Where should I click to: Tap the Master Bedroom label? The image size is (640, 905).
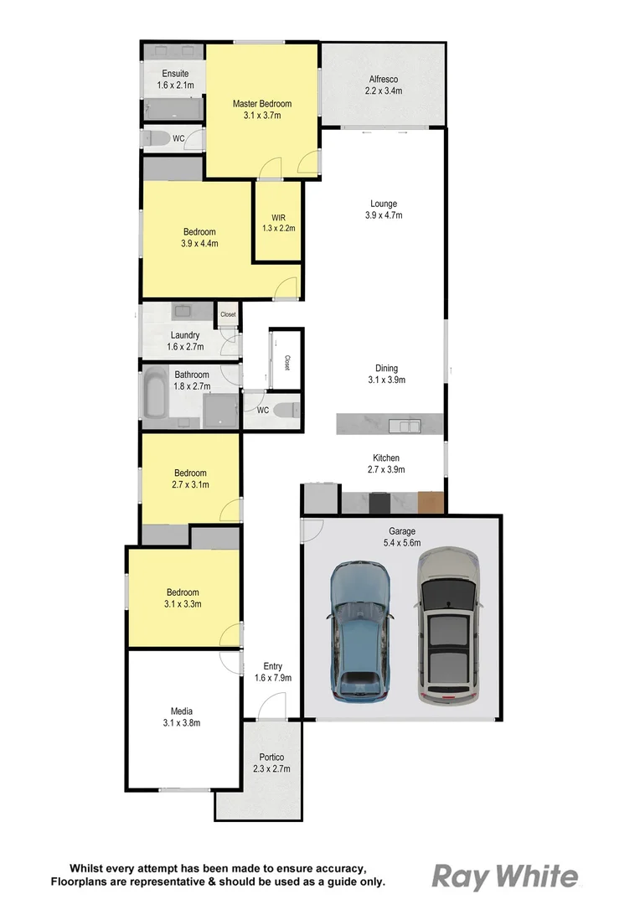click(262, 104)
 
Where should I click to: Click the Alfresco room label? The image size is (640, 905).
click(384, 80)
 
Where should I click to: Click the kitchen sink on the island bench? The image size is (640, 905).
click(409, 426)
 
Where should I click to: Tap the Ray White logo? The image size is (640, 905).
click(505, 877)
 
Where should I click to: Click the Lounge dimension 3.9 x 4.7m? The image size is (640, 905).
click(384, 215)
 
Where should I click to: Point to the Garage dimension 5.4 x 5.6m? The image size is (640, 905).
click(402, 543)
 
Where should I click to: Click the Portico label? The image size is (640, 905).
click(270, 757)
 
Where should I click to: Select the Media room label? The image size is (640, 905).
click(182, 711)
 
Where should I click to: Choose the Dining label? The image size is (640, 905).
click(386, 368)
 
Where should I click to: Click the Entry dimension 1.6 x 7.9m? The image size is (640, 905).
click(272, 678)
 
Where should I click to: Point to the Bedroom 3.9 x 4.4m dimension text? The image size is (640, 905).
click(199, 244)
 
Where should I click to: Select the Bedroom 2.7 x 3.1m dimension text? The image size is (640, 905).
click(190, 484)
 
